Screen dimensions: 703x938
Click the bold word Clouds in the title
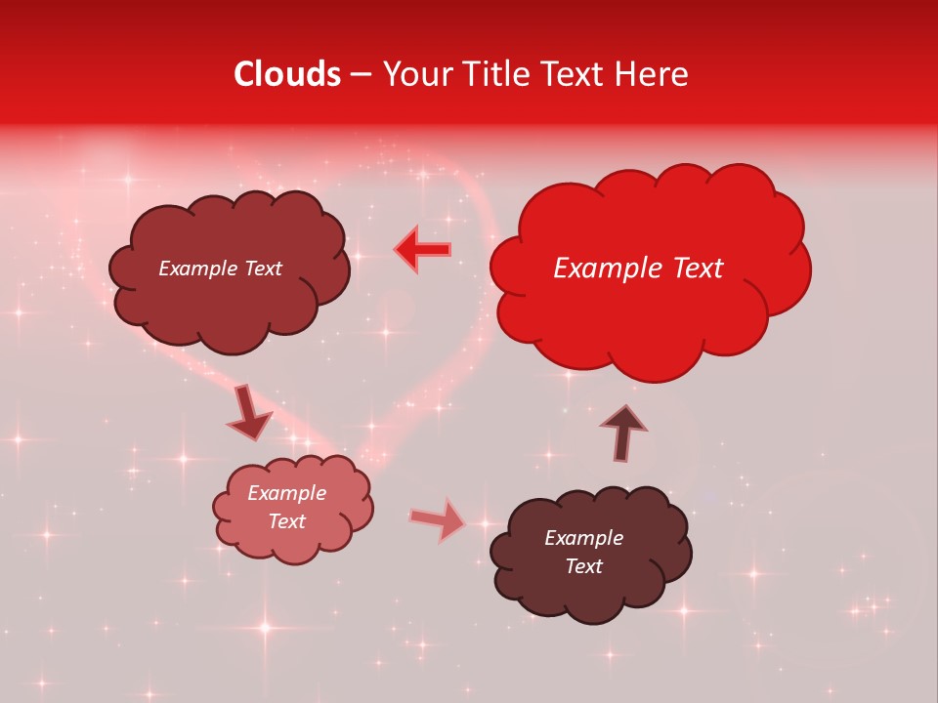(x=287, y=74)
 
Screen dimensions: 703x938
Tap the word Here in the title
(x=651, y=74)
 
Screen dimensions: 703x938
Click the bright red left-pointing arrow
(x=423, y=250)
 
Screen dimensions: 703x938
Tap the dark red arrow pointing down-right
(x=249, y=414)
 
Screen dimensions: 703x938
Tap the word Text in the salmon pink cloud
(x=287, y=521)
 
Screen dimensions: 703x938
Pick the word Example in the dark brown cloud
(x=583, y=538)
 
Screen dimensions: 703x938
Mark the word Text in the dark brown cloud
(x=583, y=566)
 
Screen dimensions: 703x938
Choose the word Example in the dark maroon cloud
(x=198, y=269)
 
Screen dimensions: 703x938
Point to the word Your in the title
(x=410, y=74)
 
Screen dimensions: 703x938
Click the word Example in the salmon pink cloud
(x=287, y=493)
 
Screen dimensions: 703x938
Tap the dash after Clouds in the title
(x=361, y=75)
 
